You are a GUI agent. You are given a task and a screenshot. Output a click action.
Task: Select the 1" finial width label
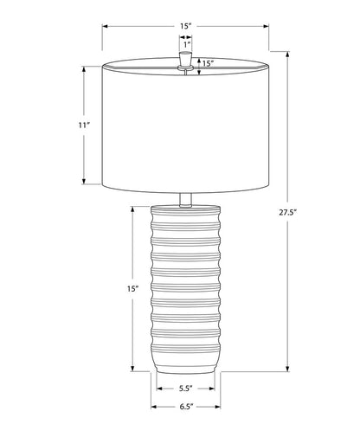[x=186, y=43]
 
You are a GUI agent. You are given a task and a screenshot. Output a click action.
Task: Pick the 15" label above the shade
[x=186, y=26]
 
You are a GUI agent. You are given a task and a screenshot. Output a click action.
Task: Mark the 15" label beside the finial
[x=208, y=63]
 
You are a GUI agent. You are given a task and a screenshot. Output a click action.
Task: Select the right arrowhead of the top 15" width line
[x=266, y=26]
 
